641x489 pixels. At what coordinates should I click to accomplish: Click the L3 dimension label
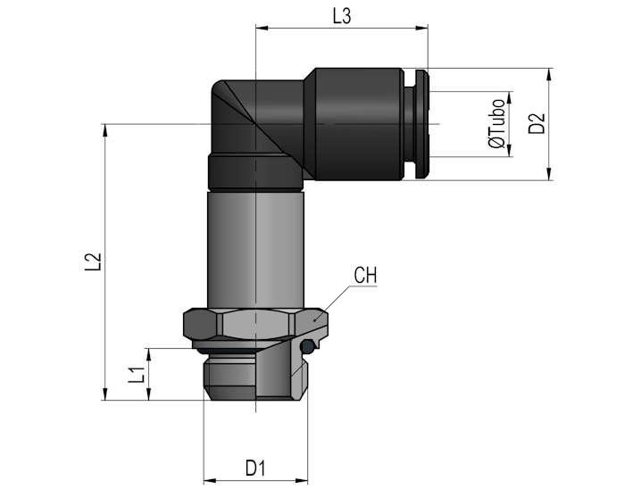pos(341,17)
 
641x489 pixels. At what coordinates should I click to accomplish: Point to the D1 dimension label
pos(255,468)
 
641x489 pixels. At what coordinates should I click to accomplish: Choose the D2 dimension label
pos(537,123)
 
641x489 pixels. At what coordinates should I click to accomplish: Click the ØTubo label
pos(497,123)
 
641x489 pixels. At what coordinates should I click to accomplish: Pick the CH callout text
pos(365,276)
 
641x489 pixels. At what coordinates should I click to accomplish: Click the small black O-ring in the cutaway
pos(306,347)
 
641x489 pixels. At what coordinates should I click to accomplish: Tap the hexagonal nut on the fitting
pos(255,325)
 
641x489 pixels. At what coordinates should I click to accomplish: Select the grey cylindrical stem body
pos(255,249)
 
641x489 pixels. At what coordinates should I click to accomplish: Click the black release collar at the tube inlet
pos(421,124)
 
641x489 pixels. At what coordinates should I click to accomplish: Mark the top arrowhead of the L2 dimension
pos(105,130)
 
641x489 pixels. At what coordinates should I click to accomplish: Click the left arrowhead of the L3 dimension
pos(262,28)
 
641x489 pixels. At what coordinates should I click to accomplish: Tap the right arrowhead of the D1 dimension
pos(301,480)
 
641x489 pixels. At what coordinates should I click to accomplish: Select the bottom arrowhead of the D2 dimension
pos(549,174)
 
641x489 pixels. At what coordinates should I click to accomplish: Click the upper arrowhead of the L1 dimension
pos(149,354)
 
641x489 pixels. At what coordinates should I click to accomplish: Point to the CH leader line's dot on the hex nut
pos(314,320)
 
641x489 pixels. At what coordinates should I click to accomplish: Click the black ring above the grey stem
pos(255,172)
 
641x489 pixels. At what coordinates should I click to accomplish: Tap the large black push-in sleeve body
pos(354,124)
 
